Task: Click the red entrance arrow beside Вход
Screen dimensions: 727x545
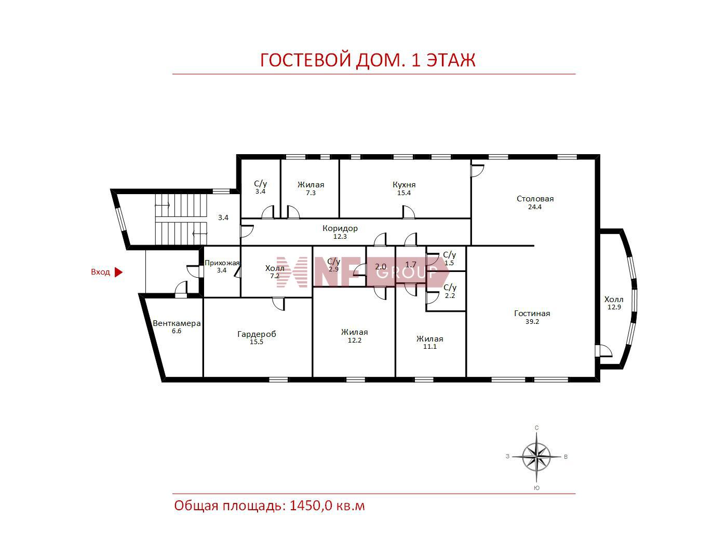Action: click(118, 272)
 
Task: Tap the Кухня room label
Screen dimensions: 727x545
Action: click(403, 184)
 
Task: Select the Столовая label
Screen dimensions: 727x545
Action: click(535, 199)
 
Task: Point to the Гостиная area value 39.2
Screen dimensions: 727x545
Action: click(532, 321)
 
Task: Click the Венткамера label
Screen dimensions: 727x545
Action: click(177, 323)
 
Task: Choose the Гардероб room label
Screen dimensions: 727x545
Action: click(257, 334)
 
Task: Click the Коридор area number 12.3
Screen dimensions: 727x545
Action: click(340, 236)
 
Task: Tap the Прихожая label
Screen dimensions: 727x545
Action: click(222, 263)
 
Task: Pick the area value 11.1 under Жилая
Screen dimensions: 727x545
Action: click(429, 346)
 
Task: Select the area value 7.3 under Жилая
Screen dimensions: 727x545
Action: click(311, 193)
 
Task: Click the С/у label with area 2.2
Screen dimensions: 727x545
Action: click(450, 287)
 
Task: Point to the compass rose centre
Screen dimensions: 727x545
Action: click(536, 457)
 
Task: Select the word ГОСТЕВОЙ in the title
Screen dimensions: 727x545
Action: click(305, 61)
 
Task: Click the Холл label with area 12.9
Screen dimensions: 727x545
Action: click(614, 299)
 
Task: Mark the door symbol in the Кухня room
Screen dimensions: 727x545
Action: click(408, 212)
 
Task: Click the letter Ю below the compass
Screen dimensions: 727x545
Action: click(537, 488)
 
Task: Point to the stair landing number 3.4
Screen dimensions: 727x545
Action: click(223, 217)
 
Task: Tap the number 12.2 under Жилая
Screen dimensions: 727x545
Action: click(354, 340)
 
